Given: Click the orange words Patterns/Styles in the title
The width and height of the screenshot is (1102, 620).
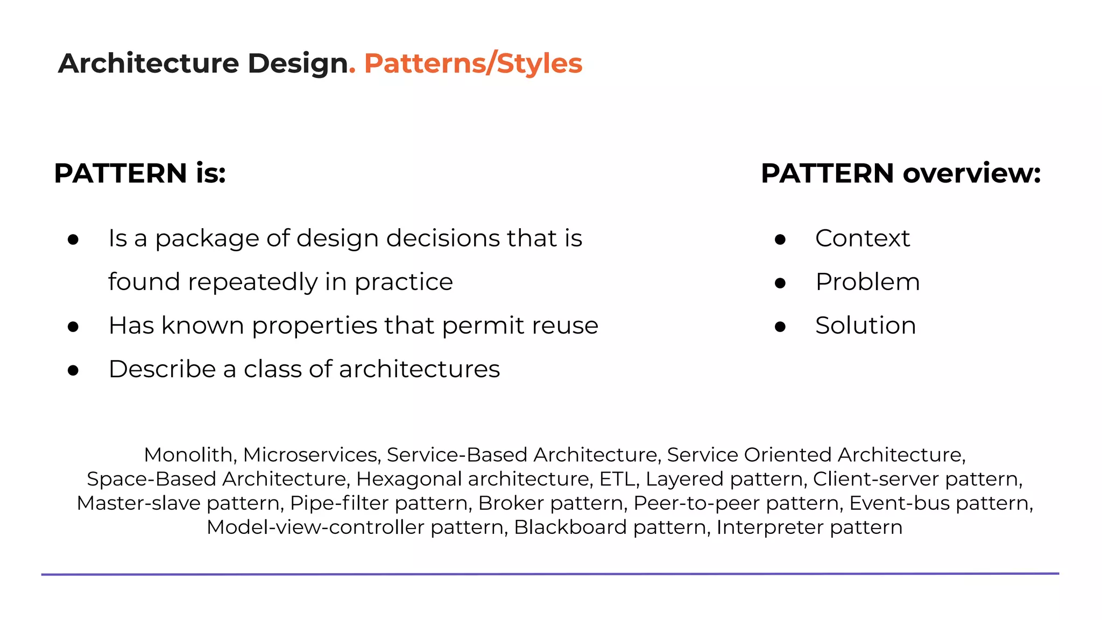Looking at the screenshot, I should coord(473,64).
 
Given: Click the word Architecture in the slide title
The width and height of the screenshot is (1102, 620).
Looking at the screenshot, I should coord(148,64).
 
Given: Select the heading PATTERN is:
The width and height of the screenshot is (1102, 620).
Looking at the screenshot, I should coord(140,173).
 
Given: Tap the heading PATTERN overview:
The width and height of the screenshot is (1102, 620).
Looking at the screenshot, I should coord(901,173).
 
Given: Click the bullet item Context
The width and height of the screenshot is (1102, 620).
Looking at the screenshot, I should coord(862,238).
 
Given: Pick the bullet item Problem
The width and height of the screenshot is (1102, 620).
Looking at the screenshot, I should coord(867,282).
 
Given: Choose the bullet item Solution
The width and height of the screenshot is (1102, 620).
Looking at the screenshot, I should coord(865,326).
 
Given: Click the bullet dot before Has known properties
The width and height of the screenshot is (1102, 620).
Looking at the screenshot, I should coord(74,326).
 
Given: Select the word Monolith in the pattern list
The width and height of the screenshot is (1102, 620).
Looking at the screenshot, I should coord(188,455).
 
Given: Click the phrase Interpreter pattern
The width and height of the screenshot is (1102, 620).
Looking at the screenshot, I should coord(809,527).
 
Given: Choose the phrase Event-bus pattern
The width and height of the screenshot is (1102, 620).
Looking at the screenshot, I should coord(939,503).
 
